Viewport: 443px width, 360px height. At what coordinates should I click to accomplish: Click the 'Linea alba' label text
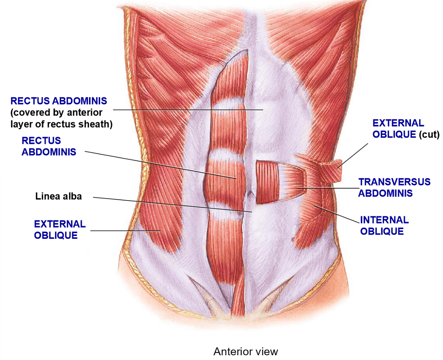(58, 196)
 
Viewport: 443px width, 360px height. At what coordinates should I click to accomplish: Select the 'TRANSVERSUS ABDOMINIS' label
(394, 187)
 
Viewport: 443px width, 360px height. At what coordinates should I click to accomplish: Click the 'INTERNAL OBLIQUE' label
(384, 225)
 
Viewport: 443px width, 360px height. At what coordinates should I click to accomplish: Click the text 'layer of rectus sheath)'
(61, 124)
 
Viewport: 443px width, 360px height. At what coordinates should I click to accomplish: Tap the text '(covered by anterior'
(57, 112)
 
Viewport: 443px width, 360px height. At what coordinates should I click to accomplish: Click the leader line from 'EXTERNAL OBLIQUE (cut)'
(353, 155)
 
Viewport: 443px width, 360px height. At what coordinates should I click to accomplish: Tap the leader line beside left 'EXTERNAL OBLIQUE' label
(126, 230)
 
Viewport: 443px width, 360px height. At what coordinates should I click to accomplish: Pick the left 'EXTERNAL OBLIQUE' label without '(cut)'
(60, 229)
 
